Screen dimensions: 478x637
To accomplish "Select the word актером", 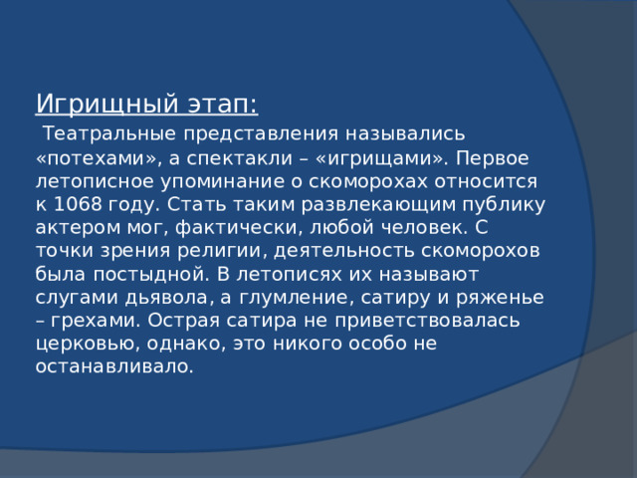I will click(x=74, y=228).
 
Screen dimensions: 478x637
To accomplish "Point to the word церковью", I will click(x=83, y=344).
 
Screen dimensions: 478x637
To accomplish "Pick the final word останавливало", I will click(x=114, y=366).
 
